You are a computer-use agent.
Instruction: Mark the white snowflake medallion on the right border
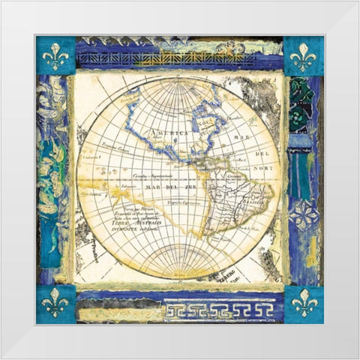click(x=304, y=214)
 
